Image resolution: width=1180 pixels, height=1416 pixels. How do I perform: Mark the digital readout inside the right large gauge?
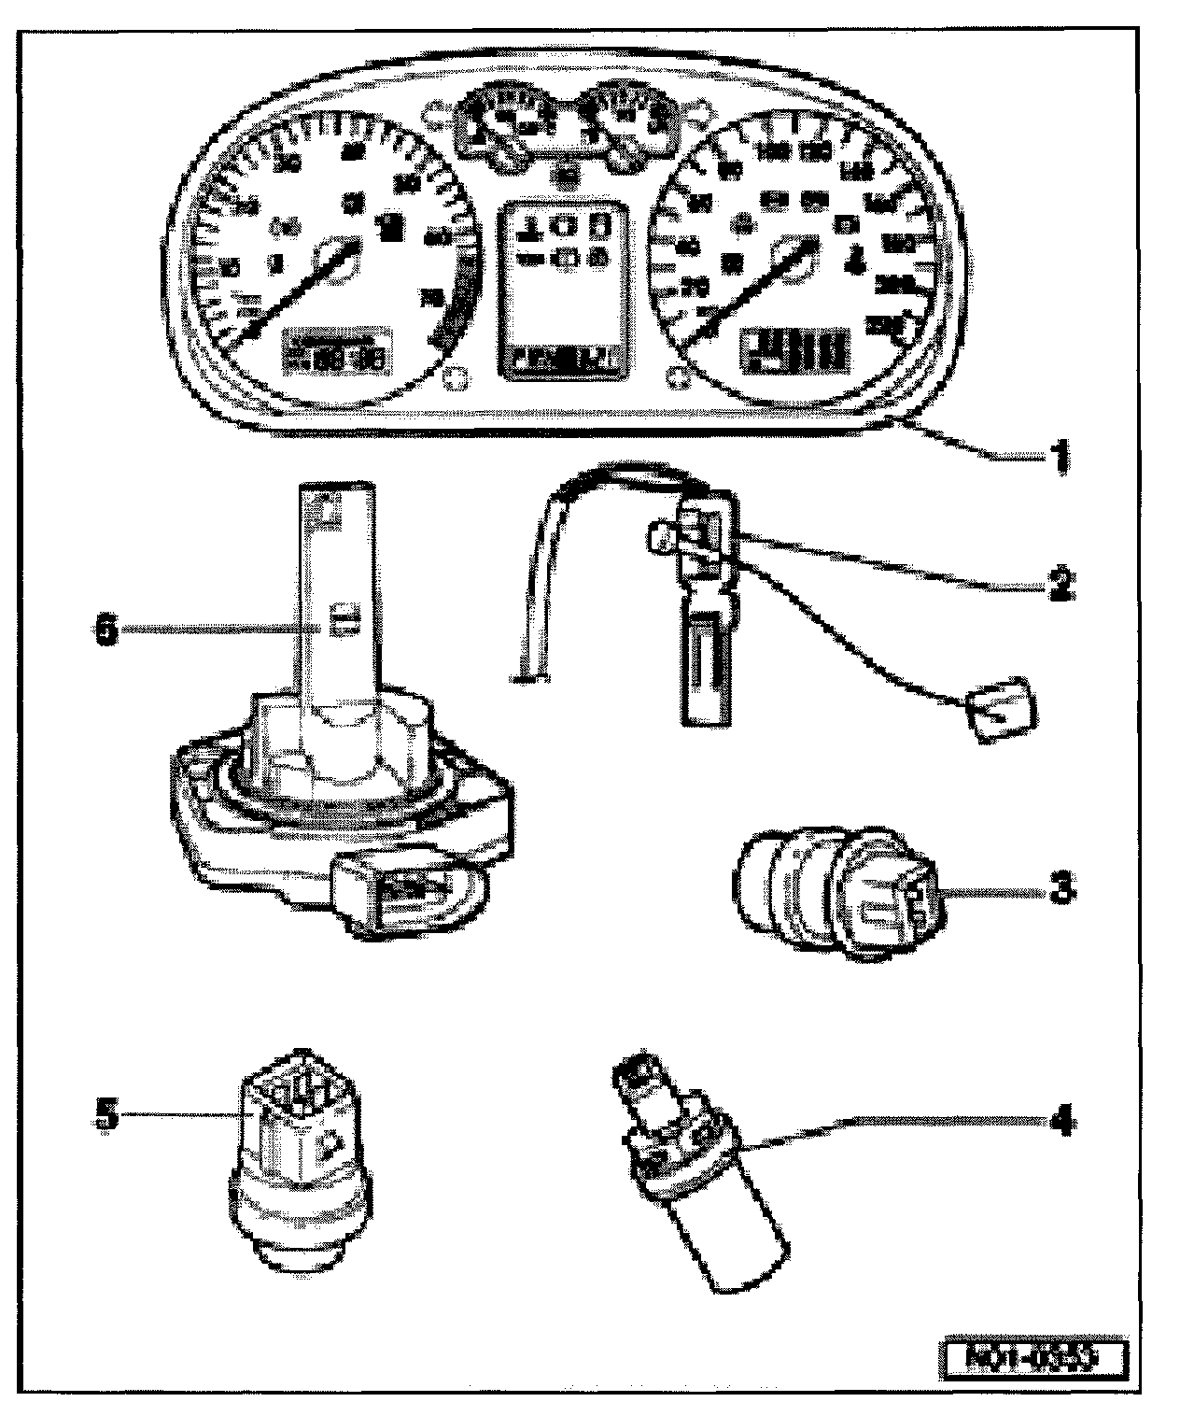click(x=795, y=349)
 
